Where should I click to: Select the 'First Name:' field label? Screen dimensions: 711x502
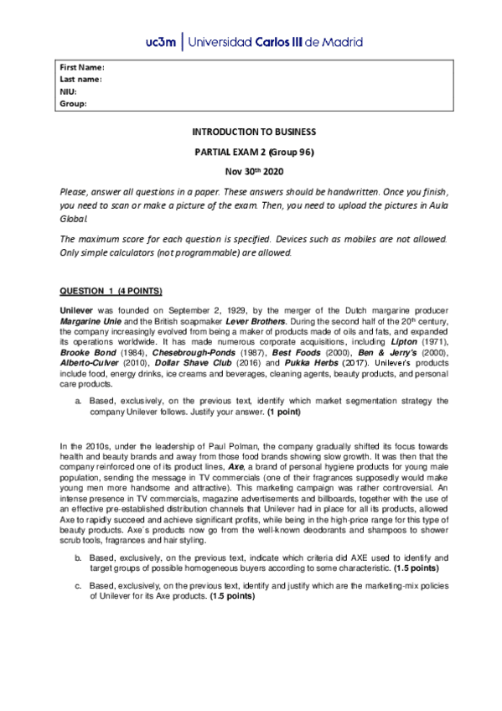click(x=81, y=67)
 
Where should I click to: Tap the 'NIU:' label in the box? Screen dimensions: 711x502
click(x=69, y=91)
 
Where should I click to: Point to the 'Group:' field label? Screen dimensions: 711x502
click(x=74, y=104)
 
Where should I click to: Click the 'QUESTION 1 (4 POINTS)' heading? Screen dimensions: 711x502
click(x=111, y=290)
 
